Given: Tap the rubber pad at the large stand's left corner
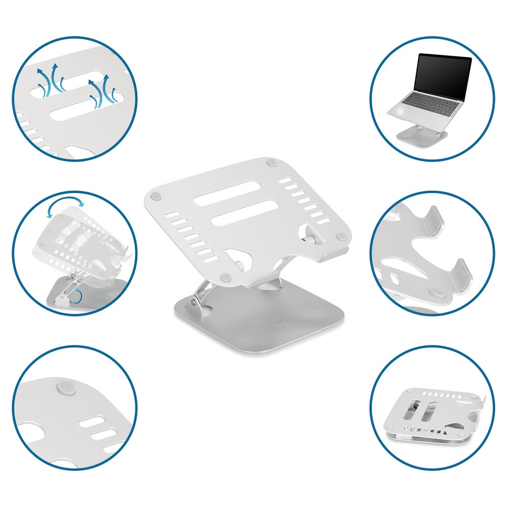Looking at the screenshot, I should tap(156, 193).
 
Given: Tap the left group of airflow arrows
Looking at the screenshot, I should tap(51, 82).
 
